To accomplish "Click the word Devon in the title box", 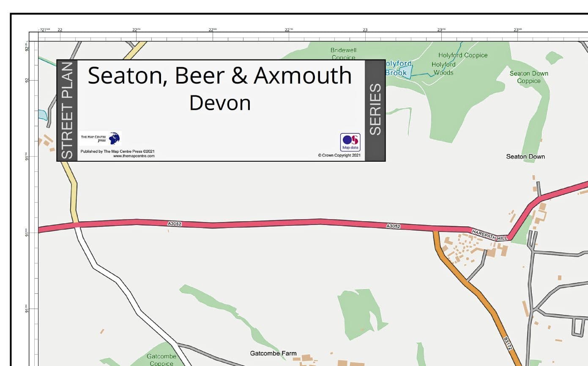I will [x=220, y=103].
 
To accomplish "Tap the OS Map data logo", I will [x=350, y=142].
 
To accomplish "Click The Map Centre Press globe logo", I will [x=114, y=138].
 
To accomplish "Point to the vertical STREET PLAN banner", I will [x=67, y=111].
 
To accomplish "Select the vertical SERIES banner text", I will [x=375, y=110].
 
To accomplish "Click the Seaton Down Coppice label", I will [x=528, y=77].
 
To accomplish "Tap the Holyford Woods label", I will [x=443, y=68].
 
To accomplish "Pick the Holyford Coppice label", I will [x=462, y=55].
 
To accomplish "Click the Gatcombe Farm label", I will [x=273, y=353].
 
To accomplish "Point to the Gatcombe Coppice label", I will [x=161, y=360].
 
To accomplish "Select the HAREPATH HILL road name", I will [x=490, y=235].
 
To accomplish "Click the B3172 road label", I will [x=508, y=343].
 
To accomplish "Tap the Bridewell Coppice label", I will [x=343, y=54].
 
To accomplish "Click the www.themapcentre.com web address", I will [x=134, y=156].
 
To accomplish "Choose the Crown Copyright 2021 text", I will [x=339, y=155].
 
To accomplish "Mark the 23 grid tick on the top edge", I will [x=365, y=30].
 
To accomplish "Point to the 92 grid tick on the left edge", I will [x=27, y=80].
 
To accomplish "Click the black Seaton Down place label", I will [x=525, y=157].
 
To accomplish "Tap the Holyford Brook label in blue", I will [x=398, y=68].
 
